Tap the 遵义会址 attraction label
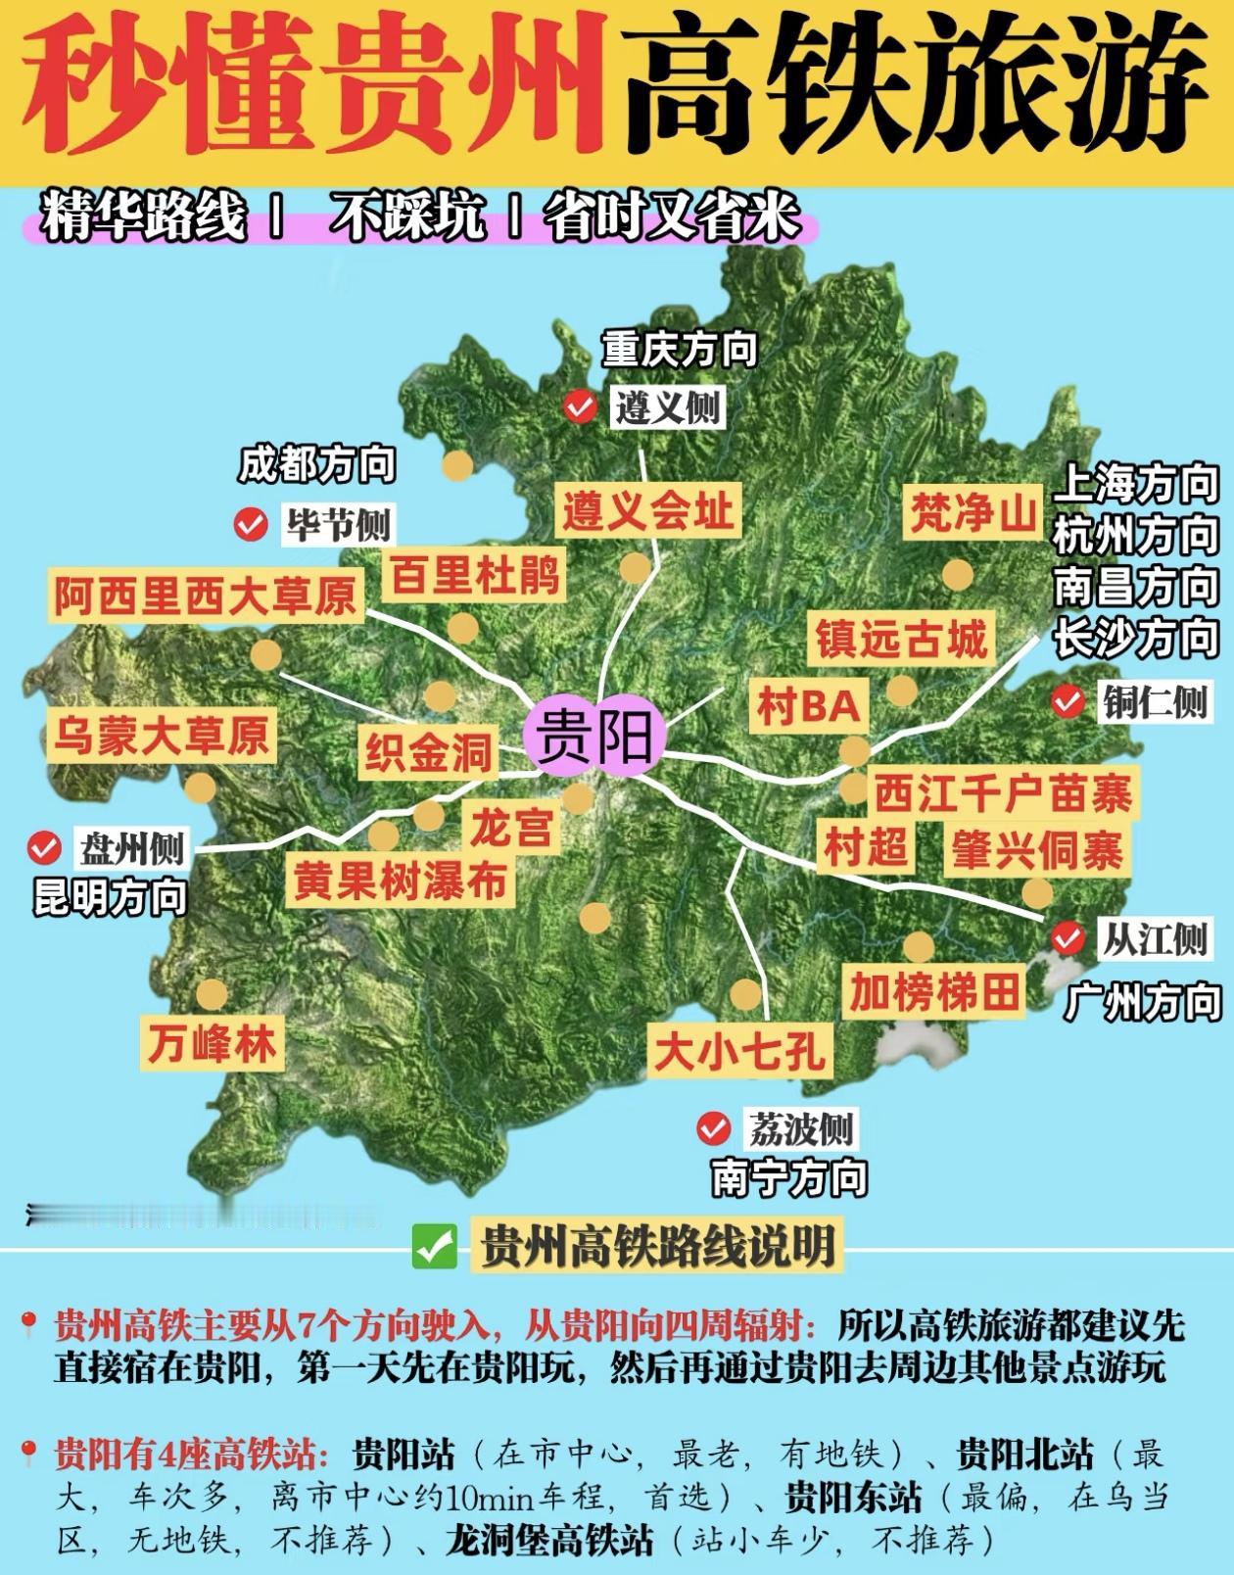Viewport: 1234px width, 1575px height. click(647, 511)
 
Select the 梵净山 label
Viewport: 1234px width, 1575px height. click(973, 511)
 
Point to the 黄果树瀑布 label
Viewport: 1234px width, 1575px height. click(400, 880)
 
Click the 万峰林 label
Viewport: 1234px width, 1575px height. click(213, 1044)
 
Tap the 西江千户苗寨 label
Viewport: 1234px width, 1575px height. click(1002, 792)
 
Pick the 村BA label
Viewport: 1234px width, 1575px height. click(809, 706)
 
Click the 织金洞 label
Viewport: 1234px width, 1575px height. click(428, 752)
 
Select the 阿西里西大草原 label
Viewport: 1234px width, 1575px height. click(205, 596)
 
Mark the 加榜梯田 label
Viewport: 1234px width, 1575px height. click(934, 993)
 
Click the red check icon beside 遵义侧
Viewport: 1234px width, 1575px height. click(581, 406)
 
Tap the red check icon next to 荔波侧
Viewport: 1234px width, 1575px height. click(714, 1129)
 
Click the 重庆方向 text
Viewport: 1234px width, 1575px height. click(680, 350)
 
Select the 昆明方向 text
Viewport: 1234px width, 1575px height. click(110, 897)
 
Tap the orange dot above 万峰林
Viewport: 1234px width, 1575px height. click(212, 995)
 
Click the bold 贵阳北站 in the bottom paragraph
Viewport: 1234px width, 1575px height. click(1024, 1455)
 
